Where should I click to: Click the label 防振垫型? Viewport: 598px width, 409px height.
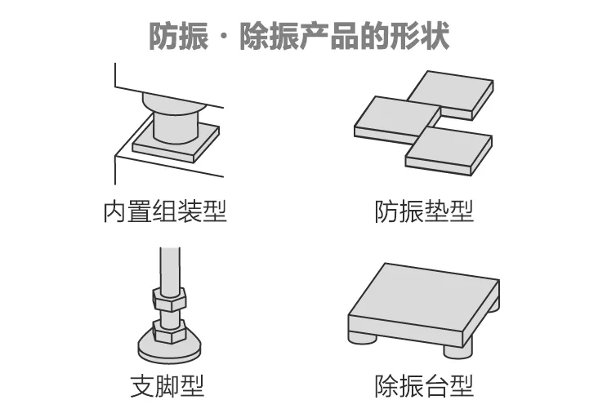pos(424,211)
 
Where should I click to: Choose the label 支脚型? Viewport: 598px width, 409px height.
pos(167,385)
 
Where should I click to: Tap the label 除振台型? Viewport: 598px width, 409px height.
pos(424,385)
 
